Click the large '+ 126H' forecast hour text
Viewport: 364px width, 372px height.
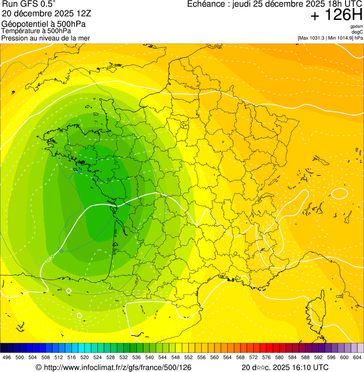[x=337, y=16]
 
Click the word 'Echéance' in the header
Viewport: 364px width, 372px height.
[x=204, y=4]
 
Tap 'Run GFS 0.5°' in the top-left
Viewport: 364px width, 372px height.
[x=29, y=4]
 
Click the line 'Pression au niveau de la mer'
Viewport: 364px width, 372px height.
[x=45, y=38]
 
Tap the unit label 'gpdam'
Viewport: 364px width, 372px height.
[x=356, y=27]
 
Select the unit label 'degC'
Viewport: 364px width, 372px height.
[x=357, y=32]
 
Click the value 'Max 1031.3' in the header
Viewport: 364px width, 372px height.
[x=314, y=38]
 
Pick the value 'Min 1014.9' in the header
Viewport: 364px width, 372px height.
[x=339, y=38]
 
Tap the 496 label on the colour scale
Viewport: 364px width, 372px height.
[x=7, y=358]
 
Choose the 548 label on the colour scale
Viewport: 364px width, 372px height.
[x=175, y=358]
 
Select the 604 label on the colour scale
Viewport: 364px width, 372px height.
[x=357, y=358]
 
